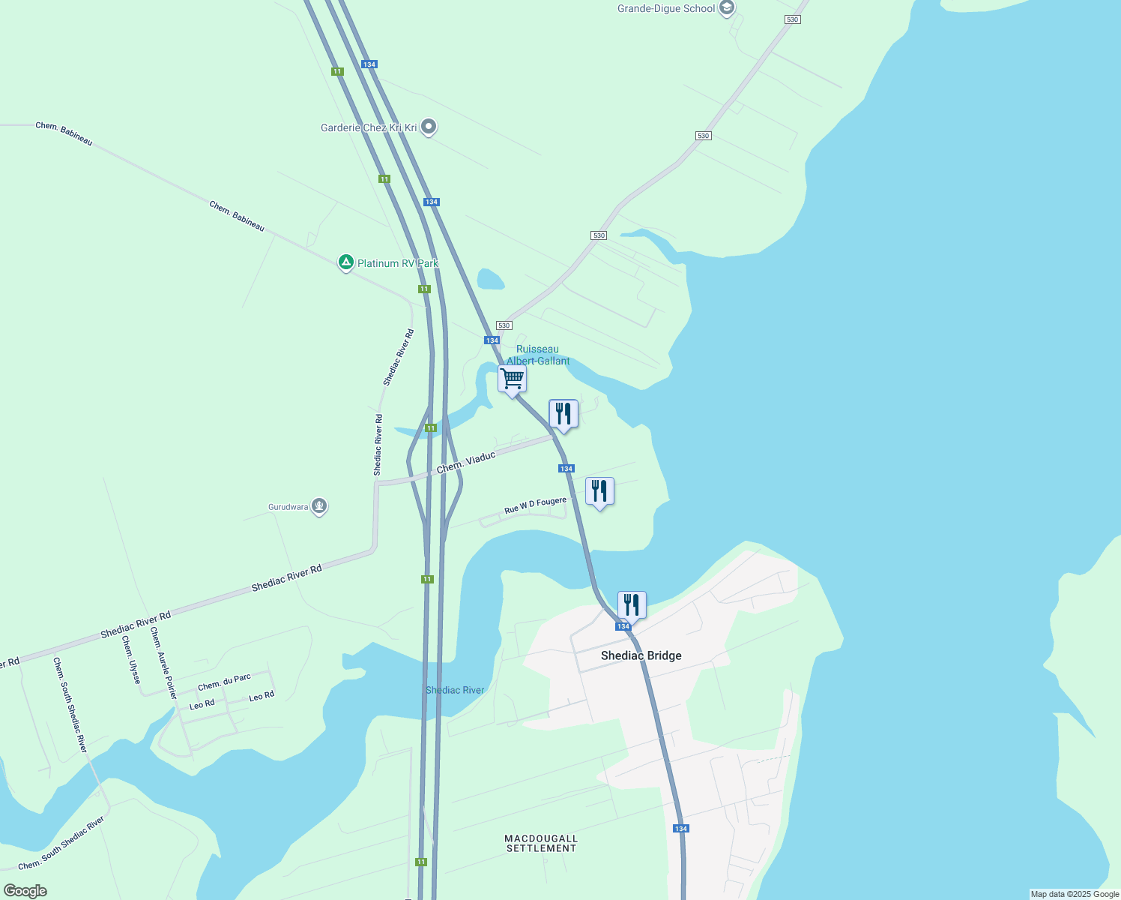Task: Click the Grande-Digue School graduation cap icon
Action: [725, 8]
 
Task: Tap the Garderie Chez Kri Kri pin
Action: [429, 127]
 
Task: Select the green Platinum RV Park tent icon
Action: [345, 262]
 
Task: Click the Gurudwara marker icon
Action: [319, 506]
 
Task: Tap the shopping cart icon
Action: [512, 379]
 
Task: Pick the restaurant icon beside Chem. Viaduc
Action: [563, 414]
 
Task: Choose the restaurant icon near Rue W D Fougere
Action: [599, 492]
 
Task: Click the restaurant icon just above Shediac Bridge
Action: [632, 605]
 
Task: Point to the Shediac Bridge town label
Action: [641, 655]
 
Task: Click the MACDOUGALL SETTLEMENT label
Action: [541, 843]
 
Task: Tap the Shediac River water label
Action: [455, 690]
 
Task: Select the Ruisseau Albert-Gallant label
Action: [538, 355]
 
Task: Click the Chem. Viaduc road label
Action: [466, 462]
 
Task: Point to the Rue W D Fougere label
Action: [535, 505]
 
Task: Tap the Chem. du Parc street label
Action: [224, 682]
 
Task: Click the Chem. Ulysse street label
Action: [131, 660]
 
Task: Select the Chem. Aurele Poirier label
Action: [163, 663]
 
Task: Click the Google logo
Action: [25, 891]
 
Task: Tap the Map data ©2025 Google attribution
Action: [1075, 894]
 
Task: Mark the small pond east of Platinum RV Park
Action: [491, 279]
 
